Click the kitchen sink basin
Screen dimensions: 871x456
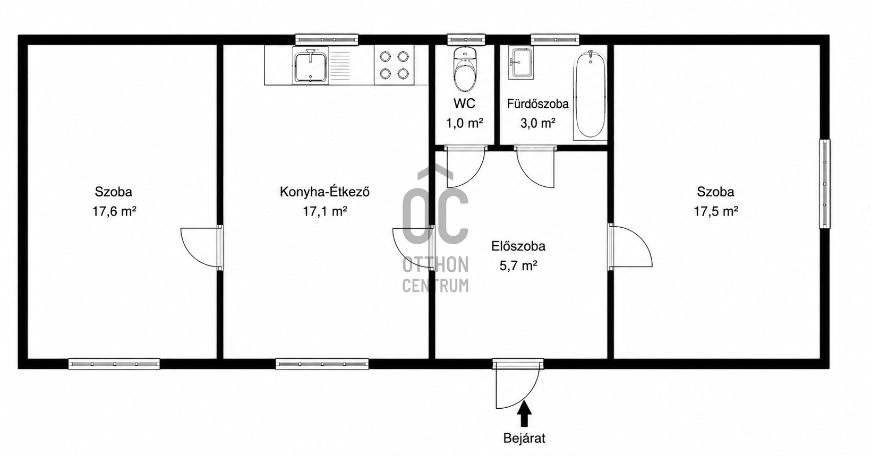310,67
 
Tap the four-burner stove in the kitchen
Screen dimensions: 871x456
394,65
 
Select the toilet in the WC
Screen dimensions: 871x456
465,69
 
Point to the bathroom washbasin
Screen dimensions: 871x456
521,63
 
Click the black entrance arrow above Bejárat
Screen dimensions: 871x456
525,415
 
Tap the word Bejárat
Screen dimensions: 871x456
524,438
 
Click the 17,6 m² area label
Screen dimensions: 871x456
114,211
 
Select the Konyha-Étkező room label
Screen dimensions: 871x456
325,192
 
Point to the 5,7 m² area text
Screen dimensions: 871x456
518,266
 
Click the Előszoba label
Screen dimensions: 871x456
518,246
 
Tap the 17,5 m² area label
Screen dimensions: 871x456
716,211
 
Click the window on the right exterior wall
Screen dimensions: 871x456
824,184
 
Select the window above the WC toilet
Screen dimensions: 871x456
466,40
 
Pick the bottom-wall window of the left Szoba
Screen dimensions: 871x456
114,364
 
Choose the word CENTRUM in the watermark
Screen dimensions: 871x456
435,286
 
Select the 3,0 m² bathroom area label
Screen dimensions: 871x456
537,123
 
